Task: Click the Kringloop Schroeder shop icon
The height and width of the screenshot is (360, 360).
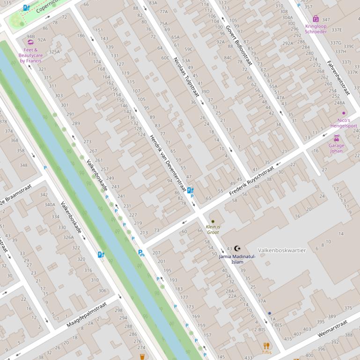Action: click(316, 19)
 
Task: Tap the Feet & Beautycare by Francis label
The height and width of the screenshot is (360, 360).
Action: click(30, 55)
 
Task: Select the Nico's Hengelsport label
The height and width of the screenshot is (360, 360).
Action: click(344, 123)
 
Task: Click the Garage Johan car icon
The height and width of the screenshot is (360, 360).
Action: click(336, 138)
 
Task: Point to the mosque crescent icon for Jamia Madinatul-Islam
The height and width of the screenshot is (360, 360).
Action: click(237, 249)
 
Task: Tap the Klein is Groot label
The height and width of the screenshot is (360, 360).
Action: click(213, 229)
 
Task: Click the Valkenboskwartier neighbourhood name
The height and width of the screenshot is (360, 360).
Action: click(282, 250)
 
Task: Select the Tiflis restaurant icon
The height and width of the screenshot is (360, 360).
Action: click(266, 346)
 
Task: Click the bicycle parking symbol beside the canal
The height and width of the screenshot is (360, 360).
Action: click(141, 253)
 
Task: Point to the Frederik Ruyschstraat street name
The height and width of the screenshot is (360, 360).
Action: click(251, 182)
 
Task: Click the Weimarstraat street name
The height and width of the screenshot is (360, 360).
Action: click(332, 329)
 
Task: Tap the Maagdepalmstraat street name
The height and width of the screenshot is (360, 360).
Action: click(87, 314)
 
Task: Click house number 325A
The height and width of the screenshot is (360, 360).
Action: click(54, 52)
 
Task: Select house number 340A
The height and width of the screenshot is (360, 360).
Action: click(50, 204)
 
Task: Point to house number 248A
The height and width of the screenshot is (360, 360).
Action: click(339, 103)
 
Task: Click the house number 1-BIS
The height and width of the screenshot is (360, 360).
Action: click(276, 325)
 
